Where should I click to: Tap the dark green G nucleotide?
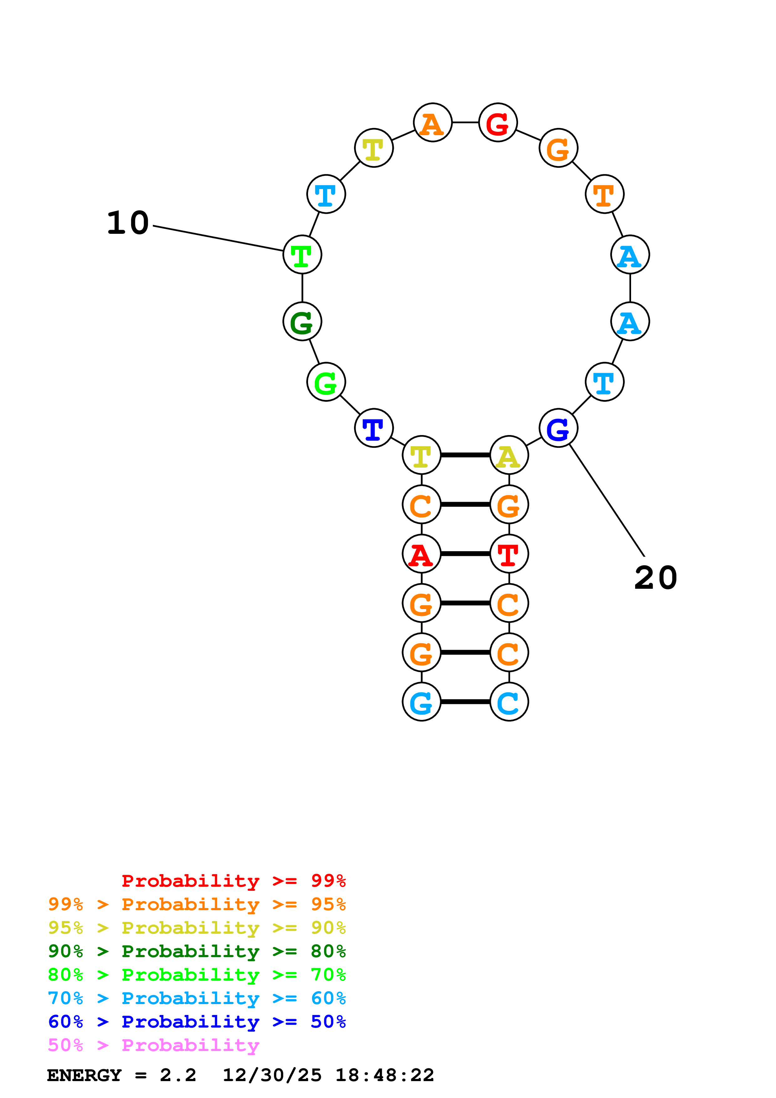pos(302,321)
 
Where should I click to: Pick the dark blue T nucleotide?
pos(374,428)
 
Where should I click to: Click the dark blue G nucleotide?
pos(558,428)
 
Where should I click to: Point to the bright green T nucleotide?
pos(302,254)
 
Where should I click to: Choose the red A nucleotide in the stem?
pos(421,554)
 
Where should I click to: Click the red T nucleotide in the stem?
pos(509,554)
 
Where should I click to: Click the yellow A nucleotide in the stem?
pos(509,455)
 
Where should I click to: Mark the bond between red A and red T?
pos(465,554)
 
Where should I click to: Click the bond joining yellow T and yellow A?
pos(465,455)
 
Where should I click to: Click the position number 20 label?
pos(655,578)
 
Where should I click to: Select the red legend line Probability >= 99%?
pos(233,881)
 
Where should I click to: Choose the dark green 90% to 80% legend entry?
pos(197,951)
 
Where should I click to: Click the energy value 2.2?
pos(178,1075)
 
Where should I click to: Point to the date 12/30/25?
pos(272,1075)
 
